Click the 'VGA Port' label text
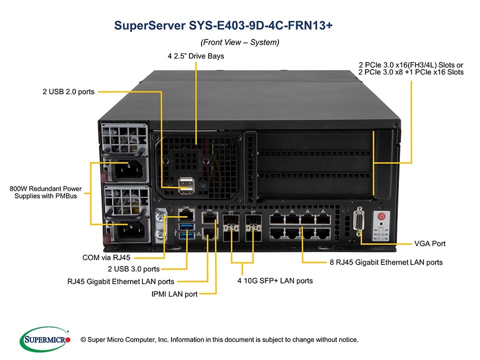pos(429,243)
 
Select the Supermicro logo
pos(44,339)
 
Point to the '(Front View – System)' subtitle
pos(239,42)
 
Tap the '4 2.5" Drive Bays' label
pos(195,56)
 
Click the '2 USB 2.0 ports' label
pos(68,91)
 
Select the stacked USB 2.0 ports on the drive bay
pos(185,185)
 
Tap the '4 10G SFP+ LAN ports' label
pos(275,280)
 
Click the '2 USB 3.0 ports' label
pos(130,269)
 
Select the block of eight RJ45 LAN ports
pos(300,226)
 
